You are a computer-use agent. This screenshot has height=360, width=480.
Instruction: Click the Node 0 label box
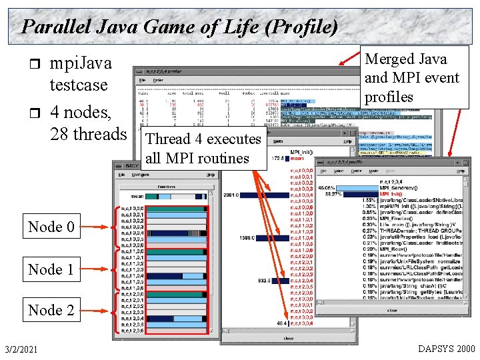point(51,227)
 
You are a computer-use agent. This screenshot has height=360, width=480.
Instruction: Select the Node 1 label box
point(51,269)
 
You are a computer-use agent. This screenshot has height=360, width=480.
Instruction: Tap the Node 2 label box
point(51,310)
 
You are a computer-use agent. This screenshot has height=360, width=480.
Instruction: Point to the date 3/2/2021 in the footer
point(20,349)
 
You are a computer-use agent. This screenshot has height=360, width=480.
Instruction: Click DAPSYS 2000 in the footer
point(446,349)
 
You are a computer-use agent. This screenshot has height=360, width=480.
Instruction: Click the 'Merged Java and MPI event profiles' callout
point(411,78)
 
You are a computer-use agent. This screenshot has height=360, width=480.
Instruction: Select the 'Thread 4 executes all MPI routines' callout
point(203,148)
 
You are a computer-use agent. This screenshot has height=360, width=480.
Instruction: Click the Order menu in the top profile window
point(159,80)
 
